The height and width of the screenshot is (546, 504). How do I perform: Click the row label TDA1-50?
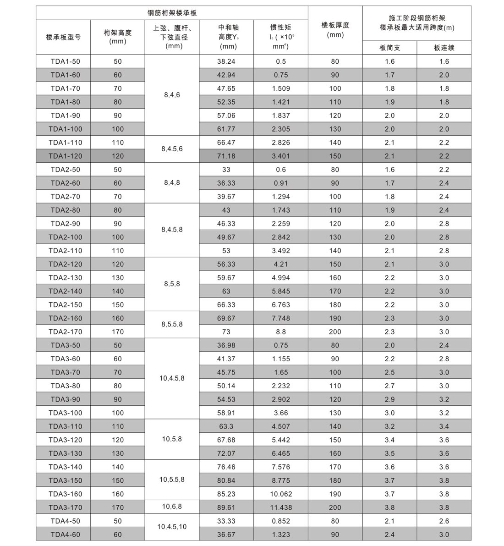(x=64, y=61)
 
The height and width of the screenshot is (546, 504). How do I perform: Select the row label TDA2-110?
(x=64, y=250)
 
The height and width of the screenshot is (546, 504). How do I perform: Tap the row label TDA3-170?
(x=64, y=507)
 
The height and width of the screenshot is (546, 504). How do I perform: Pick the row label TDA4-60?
(x=64, y=535)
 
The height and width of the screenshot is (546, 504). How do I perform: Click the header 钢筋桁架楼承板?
(x=172, y=13)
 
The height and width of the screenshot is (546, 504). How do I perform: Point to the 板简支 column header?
(x=389, y=48)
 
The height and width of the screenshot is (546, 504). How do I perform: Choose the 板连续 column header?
(x=444, y=48)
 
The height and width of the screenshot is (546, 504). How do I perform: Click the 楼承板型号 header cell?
(x=64, y=37)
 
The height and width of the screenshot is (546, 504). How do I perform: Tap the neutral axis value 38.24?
(x=226, y=61)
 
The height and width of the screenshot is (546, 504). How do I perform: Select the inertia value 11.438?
(x=281, y=507)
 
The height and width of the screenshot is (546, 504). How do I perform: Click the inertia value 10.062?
(x=281, y=494)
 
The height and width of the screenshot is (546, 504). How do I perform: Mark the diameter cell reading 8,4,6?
(x=172, y=95)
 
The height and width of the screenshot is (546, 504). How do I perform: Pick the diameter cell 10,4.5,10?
(x=172, y=527)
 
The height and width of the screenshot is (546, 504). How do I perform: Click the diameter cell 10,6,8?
(x=172, y=506)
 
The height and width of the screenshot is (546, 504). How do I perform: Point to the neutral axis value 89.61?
(x=226, y=507)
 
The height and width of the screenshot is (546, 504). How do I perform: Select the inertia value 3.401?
(x=281, y=156)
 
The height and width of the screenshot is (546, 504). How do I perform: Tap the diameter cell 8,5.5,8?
(x=172, y=324)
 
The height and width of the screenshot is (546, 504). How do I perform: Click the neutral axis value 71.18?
(x=226, y=156)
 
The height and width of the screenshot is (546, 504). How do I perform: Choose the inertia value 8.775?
(x=281, y=480)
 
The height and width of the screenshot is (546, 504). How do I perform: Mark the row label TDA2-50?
(x=64, y=170)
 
